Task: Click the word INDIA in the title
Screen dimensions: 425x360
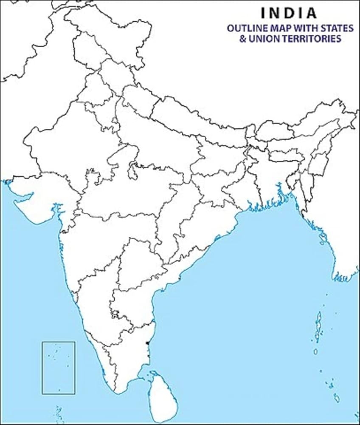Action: click(288, 13)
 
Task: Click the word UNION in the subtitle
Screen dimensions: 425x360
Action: click(264, 39)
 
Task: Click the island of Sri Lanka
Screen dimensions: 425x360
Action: click(161, 397)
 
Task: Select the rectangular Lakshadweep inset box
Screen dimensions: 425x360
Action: click(59, 368)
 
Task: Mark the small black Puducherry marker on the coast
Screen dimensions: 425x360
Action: click(146, 343)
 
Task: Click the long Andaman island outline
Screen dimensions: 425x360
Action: click(318, 325)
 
